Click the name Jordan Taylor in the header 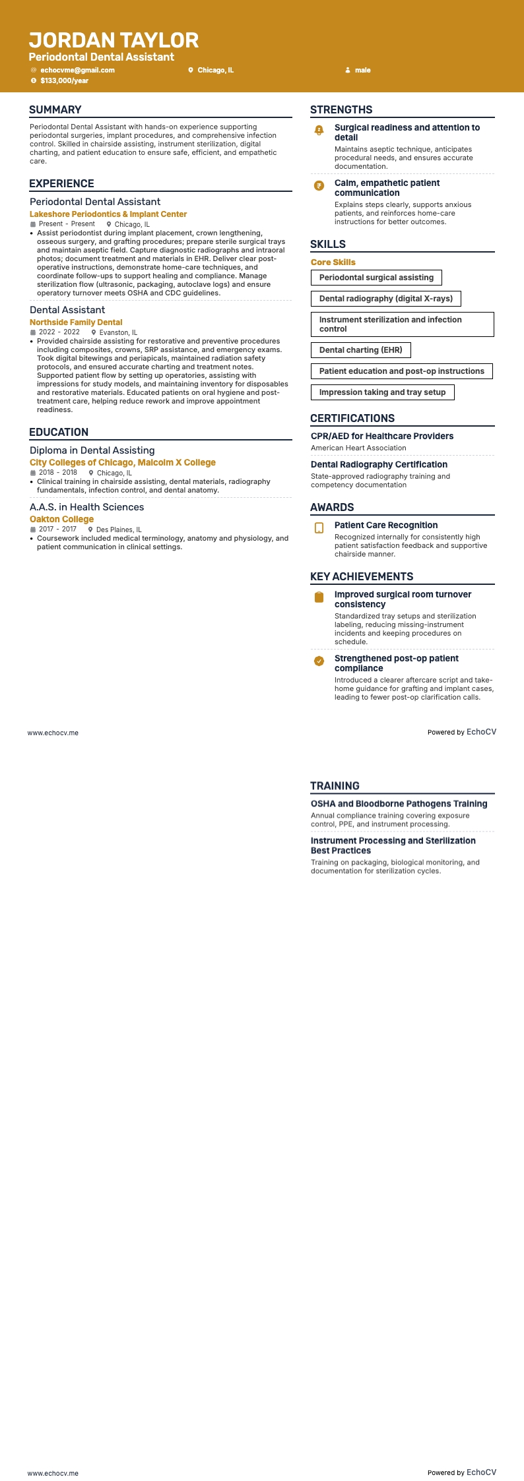114,40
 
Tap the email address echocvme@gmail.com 77,70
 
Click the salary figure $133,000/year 64,80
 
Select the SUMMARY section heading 55,110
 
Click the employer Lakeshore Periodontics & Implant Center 108,214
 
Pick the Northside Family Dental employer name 76,322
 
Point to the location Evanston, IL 118,333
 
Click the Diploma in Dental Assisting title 92,450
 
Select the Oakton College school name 61,519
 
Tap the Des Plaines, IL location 119,529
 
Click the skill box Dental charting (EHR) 360,350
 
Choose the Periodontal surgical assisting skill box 376,278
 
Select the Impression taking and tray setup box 382,392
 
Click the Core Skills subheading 333,262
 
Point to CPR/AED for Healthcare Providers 382,437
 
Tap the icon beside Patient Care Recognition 319,528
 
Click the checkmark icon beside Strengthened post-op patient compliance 319,661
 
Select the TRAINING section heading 335,786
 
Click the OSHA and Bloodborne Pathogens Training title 399,804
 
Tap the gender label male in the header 363,70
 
